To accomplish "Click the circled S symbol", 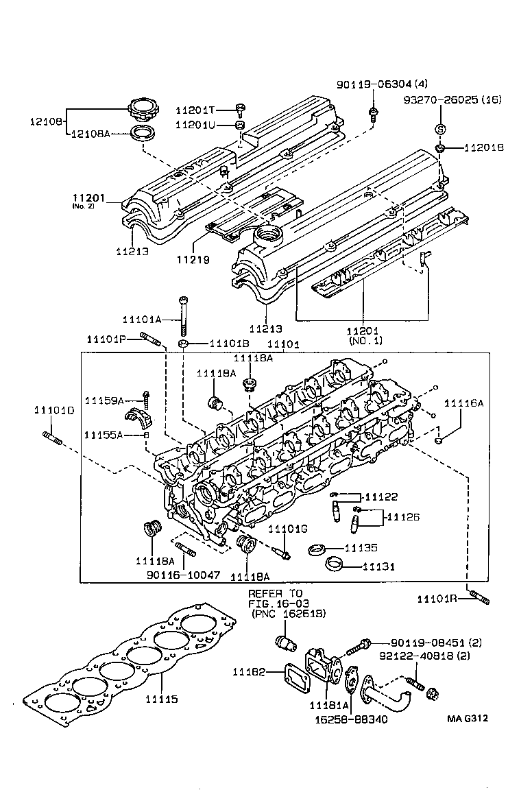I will click(441, 130).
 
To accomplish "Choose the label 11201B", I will click(484, 147).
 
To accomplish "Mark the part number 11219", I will click(192, 260).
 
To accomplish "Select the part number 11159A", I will click(104, 400).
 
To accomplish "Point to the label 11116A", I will click(463, 403).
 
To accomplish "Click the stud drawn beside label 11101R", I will click(479, 598).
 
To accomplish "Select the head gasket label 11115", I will click(161, 699).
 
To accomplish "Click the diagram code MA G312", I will click(470, 719).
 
